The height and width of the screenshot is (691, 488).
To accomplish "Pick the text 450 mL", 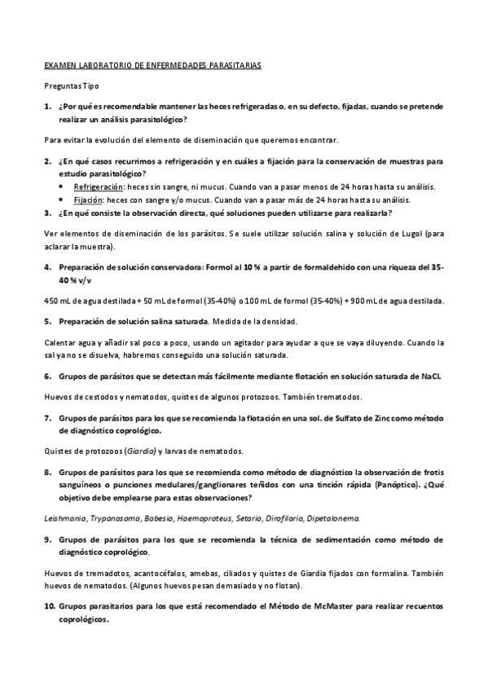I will coord(55,301).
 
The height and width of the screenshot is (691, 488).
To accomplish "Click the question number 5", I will coord(48,322).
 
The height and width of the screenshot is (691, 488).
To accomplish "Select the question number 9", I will coord(48,539).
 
